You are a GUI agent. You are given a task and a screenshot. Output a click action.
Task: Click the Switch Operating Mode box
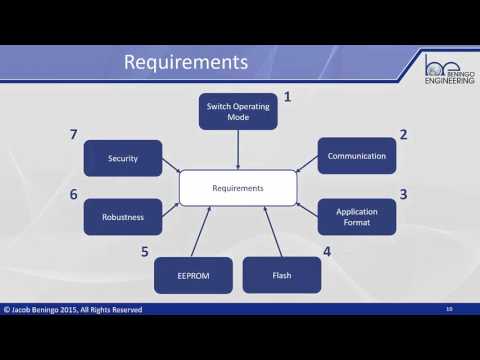pyautogui.click(x=238, y=111)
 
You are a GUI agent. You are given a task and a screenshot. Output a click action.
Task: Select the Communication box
pyautogui.click(x=357, y=155)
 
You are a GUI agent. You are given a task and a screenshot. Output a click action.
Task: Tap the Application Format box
pyautogui.click(x=357, y=217)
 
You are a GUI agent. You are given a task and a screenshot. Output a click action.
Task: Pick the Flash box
pyautogui.click(x=281, y=274)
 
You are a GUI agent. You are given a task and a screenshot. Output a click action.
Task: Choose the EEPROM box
pyautogui.click(x=193, y=274)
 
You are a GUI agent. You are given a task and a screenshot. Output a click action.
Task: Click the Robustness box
pyautogui.click(x=123, y=217)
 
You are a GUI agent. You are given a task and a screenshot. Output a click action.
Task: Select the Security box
pyautogui.click(x=123, y=158)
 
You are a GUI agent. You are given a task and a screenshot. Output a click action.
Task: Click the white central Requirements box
pyautogui.click(x=238, y=187)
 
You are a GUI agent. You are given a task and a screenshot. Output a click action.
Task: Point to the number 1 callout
pyautogui.click(x=287, y=97)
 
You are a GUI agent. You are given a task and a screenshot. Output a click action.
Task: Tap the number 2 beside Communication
pyautogui.click(x=403, y=134)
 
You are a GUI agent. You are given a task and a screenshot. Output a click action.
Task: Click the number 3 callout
pyautogui.click(x=403, y=194)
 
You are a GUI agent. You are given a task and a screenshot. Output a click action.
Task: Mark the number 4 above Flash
pyautogui.click(x=327, y=252)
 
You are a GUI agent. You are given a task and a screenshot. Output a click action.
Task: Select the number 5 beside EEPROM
pyautogui.click(x=145, y=252)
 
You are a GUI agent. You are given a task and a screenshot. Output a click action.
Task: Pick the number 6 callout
pyautogui.click(x=73, y=194)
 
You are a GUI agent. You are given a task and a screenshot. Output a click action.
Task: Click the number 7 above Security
pyautogui.click(x=73, y=134)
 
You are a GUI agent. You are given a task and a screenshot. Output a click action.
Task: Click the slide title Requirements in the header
pyautogui.click(x=185, y=62)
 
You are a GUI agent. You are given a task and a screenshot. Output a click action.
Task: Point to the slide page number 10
pyautogui.click(x=450, y=309)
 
